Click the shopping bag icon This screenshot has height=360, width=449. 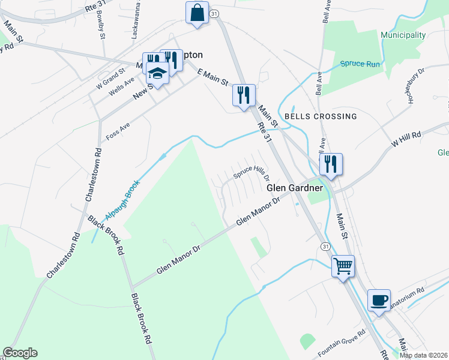tap(197, 12)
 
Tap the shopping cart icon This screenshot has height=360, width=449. tap(343, 265)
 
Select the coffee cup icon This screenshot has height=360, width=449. tap(379, 300)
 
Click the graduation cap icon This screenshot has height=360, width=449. tap(157, 73)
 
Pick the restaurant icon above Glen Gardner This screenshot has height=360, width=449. tap(331, 163)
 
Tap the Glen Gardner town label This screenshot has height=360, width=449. tap(295, 188)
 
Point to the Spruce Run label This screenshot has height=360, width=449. tap(360, 64)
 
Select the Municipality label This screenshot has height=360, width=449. tap(403, 35)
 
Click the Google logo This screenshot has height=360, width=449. tap(20, 353)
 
